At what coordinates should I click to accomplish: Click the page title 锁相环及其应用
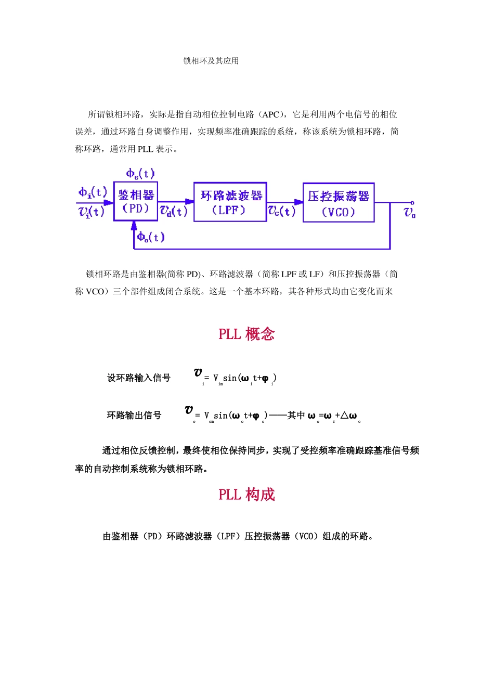(x=211, y=61)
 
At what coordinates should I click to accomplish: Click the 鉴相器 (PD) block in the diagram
(x=136, y=201)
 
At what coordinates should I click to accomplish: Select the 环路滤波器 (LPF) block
(x=230, y=202)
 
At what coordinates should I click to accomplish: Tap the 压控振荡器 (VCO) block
(x=339, y=203)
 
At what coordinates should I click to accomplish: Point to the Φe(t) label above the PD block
(x=140, y=174)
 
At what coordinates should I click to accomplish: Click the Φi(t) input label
(x=93, y=192)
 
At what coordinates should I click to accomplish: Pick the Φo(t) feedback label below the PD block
(x=150, y=237)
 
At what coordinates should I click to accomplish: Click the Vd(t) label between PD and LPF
(x=173, y=211)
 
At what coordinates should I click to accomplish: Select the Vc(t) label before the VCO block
(x=282, y=211)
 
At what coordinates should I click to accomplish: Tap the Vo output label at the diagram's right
(x=410, y=212)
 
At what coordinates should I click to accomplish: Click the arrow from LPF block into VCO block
(x=297, y=202)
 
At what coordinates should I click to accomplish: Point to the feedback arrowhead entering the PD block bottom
(x=134, y=225)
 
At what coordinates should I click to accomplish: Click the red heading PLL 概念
(x=246, y=334)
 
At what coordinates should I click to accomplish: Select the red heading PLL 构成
(x=246, y=495)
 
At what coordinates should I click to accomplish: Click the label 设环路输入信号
(x=139, y=378)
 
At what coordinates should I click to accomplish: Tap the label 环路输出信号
(x=134, y=415)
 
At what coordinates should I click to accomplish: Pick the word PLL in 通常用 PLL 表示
(x=145, y=149)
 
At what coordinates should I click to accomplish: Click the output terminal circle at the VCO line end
(x=412, y=202)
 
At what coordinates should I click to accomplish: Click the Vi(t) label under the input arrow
(x=92, y=212)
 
